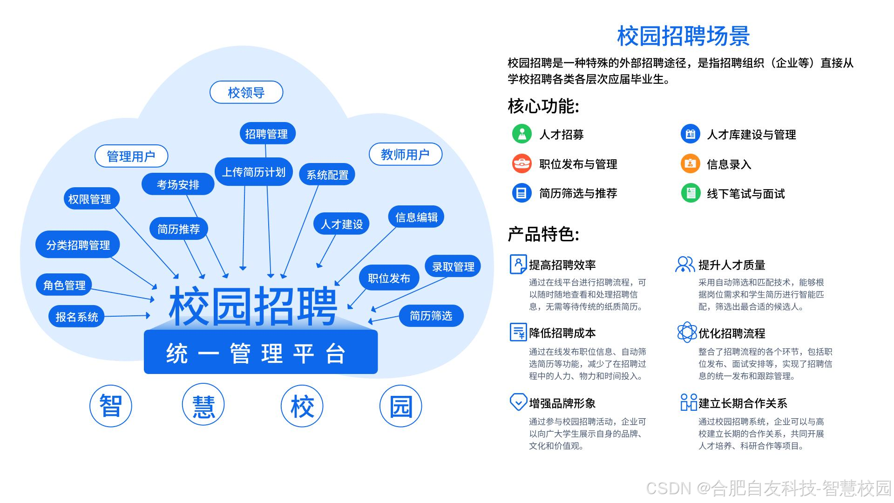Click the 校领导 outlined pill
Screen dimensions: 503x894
pos(246,92)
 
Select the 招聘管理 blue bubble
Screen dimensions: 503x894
pos(267,134)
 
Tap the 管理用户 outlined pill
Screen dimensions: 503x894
pos(131,156)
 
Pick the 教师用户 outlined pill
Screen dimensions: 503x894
pos(405,154)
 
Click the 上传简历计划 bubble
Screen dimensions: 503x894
pos(254,172)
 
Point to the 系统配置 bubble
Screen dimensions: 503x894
pos(327,175)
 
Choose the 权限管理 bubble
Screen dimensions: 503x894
pos(89,199)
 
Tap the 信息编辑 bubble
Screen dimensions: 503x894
pos(416,217)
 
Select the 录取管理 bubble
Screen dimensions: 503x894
pos(453,266)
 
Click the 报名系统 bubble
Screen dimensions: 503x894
pos(77,317)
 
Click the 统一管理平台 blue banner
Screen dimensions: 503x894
pos(261,353)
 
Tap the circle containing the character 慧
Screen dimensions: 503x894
pos(203,406)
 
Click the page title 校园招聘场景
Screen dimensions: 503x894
pos(683,36)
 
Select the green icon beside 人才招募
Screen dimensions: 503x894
pos(522,134)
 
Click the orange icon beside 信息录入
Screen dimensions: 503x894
pos(690,164)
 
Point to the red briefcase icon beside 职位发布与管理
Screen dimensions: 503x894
pos(522,164)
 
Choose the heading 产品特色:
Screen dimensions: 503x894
pos(543,234)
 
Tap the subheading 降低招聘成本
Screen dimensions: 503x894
pos(562,333)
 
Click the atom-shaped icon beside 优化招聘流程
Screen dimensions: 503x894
pos(687,333)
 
